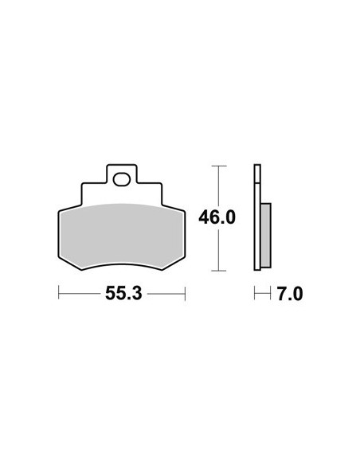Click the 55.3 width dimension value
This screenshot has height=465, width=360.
(x=123, y=294)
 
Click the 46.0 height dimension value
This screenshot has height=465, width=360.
(x=217, y=217)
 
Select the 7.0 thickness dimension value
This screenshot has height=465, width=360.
(x=290, y=294)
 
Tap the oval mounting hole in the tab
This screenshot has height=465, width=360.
(x=122, y=180)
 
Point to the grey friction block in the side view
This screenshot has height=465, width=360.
(x=266, y=236)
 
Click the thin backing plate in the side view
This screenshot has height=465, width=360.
(x=257, y=217)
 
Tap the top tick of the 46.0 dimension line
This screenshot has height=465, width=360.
(x=219, y=166)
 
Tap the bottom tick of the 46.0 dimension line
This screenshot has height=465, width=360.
(x=219, y=271)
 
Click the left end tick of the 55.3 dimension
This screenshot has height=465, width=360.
(x=59, y=294)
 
